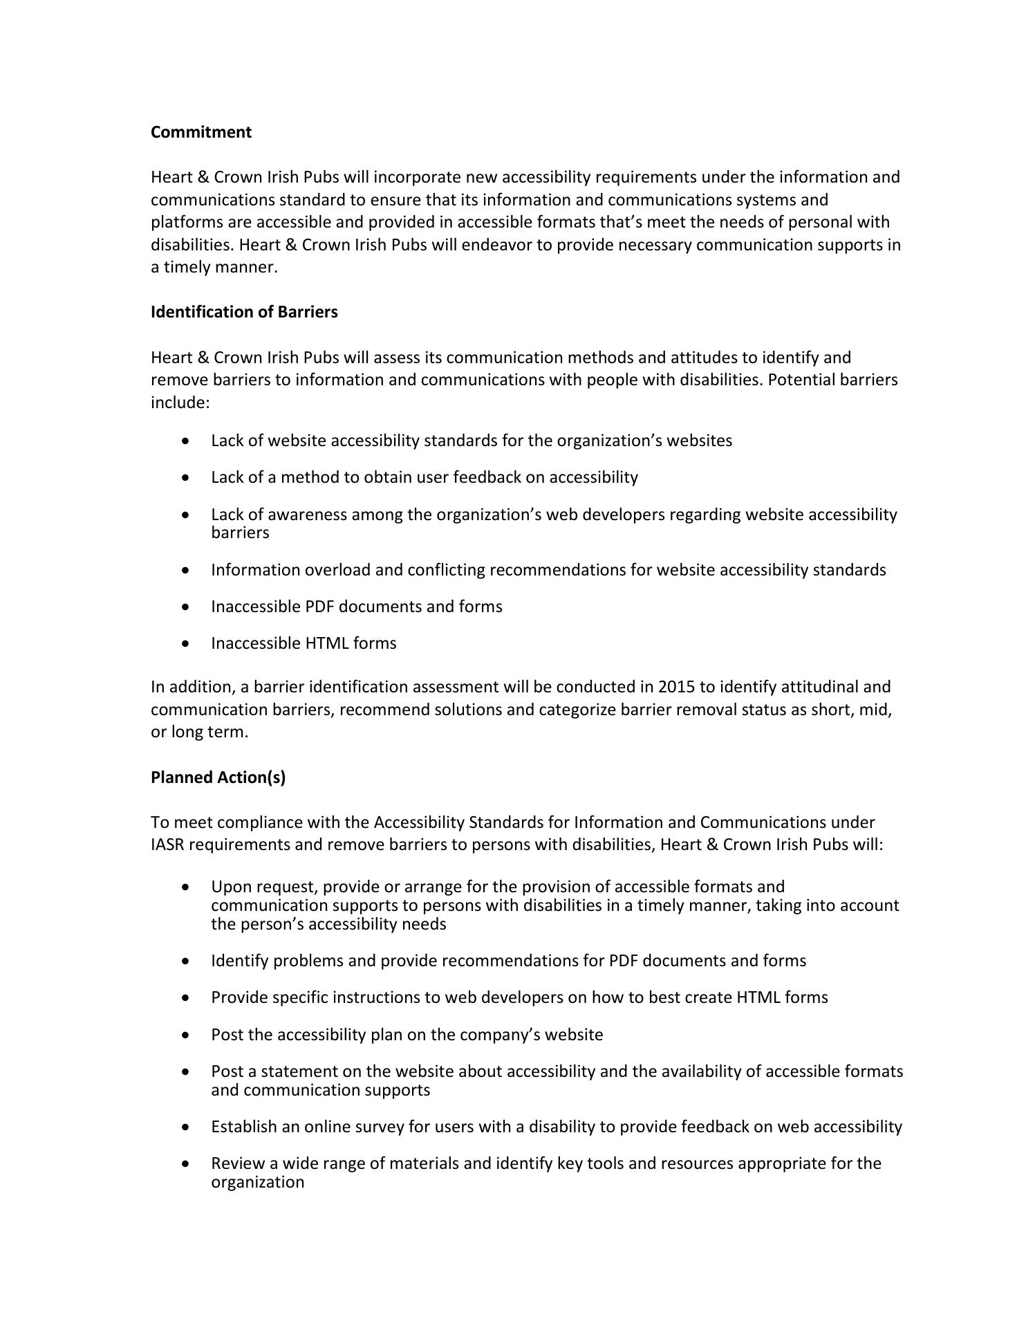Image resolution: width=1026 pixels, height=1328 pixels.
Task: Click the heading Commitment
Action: [x=200, y=132]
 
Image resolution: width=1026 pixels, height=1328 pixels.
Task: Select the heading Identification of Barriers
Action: [x=244, y=312]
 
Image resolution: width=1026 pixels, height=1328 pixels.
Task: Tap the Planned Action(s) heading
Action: [x=218, y=777]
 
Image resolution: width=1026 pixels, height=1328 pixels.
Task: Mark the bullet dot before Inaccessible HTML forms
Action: [x=185, y=643]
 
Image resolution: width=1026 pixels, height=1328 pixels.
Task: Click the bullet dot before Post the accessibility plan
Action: [x=185, y=1035]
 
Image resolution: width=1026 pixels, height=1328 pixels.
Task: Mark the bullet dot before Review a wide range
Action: [x=185, y=1163]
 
